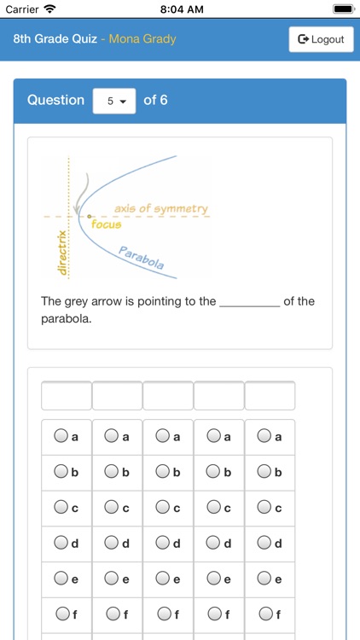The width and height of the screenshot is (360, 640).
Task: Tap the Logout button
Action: click(321, 39)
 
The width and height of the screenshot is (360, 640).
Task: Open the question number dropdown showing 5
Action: click(114, 101)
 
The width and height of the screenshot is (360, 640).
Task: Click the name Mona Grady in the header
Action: click(142, 39)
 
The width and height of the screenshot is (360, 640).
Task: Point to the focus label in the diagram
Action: click(107, 224)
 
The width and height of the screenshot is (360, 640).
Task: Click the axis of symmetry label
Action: click(160, 208)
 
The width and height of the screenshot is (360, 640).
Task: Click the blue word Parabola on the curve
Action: click(142, 259)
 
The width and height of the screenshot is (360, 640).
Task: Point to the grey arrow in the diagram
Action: click(81, 195)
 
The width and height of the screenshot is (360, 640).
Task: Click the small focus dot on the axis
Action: click(90, 217)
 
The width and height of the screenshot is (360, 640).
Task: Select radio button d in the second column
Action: click(112, 543)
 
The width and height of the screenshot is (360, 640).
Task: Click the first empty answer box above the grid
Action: click(67, 396)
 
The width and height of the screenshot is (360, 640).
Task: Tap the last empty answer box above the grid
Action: click(270, 396)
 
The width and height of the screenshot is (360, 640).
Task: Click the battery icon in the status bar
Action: click(343, 9)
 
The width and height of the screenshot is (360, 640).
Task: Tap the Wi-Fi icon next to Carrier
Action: click(50, 9)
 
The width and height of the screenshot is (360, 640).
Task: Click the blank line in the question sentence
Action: click(249, 302)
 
